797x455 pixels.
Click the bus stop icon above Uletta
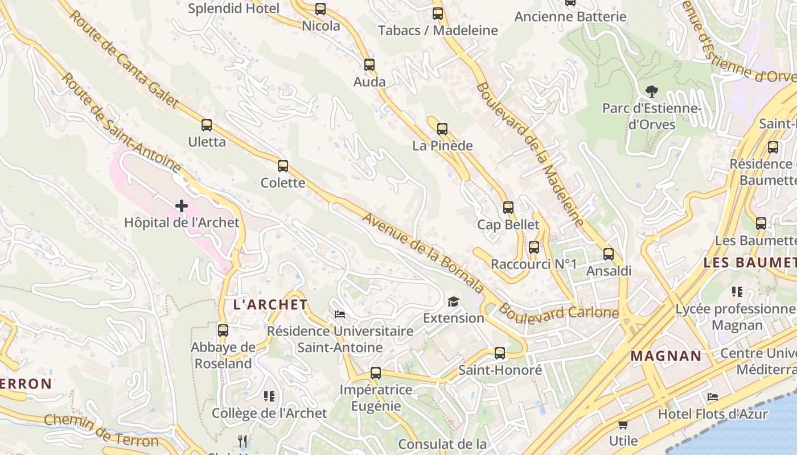[x=207, y=125]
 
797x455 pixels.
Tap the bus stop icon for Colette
[x=283, y=166]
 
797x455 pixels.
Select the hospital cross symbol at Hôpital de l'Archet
[x=182, y=206]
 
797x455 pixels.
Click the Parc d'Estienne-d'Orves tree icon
[x=651, y=91]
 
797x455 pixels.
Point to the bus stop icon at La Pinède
[x=442, y=129]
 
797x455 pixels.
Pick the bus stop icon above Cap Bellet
[x=508, y=208]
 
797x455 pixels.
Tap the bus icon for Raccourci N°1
[x=534, y=247]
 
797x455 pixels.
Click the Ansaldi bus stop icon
[x=609, y=254]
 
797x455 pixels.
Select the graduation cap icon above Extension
[x=453, y=301]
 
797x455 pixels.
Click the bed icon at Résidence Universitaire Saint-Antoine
[x=340, y=314]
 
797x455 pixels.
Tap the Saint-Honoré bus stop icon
[x=500, y=353]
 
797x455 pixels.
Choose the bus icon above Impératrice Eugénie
[x=376, y=373]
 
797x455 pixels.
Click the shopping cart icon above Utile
[x=623, y=424]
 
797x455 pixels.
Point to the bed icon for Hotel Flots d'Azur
[x=712, y=397]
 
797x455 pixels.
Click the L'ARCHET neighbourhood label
[x=270, y=305]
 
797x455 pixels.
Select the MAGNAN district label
[x=666, y=357]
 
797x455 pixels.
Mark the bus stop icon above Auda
[x=369, y=65]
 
